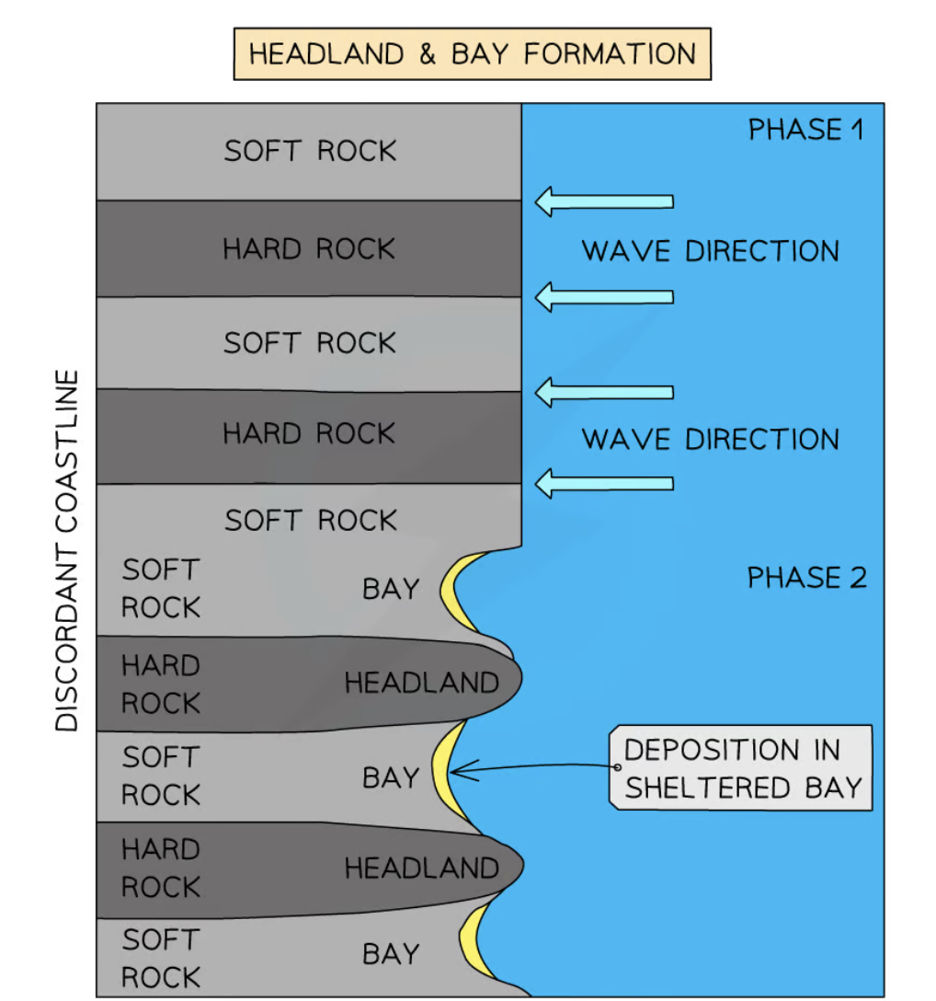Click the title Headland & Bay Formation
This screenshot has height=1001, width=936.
point(472,54)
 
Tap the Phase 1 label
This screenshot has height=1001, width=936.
point(805,130)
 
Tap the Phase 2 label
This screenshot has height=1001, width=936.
point(805,578)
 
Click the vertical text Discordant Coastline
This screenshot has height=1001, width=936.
point(67,550)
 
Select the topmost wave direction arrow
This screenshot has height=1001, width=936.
point(604,201)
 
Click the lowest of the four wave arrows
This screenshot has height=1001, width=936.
point(604,482)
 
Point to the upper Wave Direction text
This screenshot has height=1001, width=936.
point(710,250)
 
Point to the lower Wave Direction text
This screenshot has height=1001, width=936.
point(710,439)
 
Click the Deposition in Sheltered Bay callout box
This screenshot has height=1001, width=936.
point(741,768)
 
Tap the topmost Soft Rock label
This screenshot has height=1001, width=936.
point(310,151)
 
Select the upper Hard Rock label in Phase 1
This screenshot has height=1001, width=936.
point(309,249)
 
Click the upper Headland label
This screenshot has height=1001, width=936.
point(421,683)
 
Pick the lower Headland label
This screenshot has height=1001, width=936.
point(421,868)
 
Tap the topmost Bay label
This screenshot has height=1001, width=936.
point(391,589)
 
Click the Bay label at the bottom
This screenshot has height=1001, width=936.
point(391,954)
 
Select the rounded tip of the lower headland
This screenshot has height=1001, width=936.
point(519,866)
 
